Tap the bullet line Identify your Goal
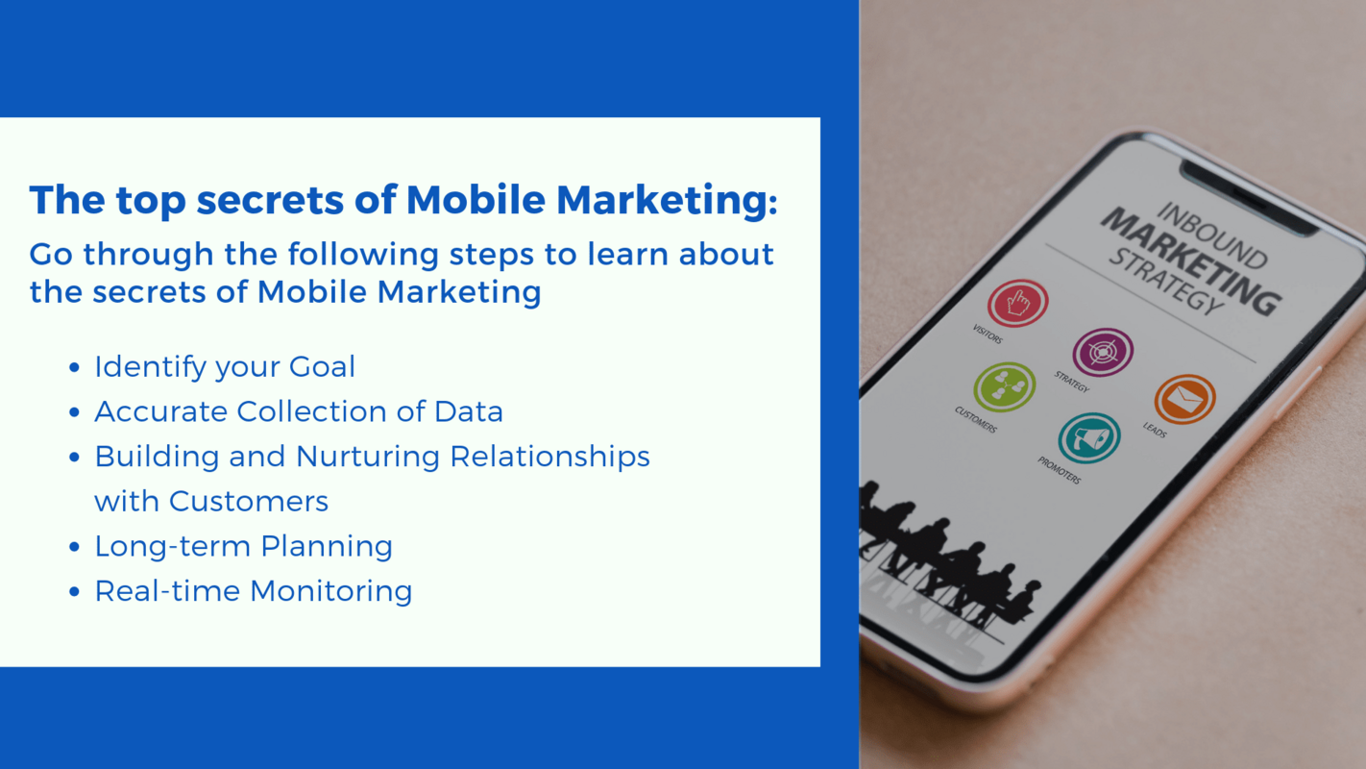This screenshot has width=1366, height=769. point(225,366)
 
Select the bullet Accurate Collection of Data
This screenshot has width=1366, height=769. point(299,411)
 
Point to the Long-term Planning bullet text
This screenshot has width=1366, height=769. point(243,546)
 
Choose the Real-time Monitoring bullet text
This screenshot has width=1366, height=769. point(253,591)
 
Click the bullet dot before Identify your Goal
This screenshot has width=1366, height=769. point(75,368)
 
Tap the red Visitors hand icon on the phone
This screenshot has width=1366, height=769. point(1017,304)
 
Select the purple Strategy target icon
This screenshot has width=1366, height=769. point(1103,352)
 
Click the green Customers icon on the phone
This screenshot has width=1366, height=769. point(1004,387)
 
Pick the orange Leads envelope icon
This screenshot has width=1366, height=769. point(1184,399)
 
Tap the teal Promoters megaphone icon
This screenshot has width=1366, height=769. point(1088,438)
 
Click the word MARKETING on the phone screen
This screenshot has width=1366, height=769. point(1189,260)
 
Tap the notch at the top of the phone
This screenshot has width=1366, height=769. point(1249,200)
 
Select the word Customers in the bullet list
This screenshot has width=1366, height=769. point(249,501)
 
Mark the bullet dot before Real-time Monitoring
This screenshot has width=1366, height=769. point(75,592)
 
